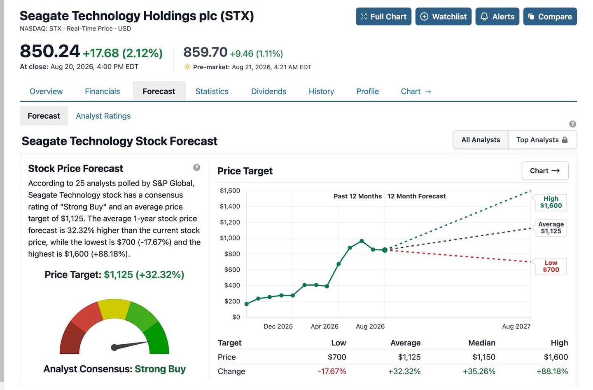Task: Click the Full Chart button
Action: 383,16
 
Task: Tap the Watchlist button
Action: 443,16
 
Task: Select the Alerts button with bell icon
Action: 497,16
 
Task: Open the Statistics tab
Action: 212,92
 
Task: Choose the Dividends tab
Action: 268,92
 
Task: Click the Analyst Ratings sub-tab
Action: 103,116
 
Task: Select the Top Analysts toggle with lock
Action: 542,140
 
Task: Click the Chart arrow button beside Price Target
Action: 545,171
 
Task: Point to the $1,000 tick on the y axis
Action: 230,238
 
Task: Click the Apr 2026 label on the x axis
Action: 325,326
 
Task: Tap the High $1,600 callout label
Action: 551,202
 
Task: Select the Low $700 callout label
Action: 551,266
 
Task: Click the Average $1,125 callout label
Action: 551,228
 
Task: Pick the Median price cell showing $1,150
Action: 483,357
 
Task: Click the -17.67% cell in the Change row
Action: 332,371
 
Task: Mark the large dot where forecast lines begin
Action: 385,250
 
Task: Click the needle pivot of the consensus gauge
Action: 114,348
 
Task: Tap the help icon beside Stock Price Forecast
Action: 196,167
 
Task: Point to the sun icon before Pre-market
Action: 187,67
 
